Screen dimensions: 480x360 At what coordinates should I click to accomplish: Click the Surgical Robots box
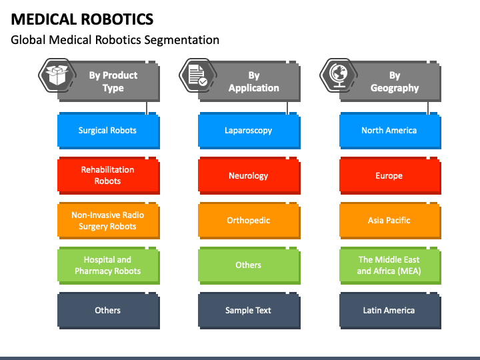(109, 131)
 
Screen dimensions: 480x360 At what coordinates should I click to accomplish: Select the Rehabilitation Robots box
(109, 176)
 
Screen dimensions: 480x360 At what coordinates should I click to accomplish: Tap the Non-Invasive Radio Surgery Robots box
(109, 221)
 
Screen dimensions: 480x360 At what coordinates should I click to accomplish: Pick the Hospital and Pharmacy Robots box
(109, 266)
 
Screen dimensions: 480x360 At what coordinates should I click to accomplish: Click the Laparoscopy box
(249, 131)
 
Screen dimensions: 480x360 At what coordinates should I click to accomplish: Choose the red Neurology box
(249, 176)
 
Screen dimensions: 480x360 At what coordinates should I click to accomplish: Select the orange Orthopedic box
(249, 221)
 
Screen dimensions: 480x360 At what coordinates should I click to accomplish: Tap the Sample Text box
(249, 311)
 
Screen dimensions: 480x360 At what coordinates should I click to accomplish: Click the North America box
(390, 131)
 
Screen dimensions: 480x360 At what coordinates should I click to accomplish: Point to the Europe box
(390, 176)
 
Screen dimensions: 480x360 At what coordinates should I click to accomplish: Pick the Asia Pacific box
(390, 221)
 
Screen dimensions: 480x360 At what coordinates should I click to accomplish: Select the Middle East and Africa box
(390, 266)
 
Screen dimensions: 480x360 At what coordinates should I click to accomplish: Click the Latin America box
(390, 311)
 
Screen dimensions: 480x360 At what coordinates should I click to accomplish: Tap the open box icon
(57, 75)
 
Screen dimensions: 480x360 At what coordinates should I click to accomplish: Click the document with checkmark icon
(198, 75)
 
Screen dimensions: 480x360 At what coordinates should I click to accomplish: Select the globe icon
(339, 75)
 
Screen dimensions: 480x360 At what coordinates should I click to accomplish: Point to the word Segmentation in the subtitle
(182, 40)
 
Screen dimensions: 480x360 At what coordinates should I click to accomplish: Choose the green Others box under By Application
(249, 266)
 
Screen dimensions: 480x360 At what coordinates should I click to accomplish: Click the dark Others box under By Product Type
(109, 311)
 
